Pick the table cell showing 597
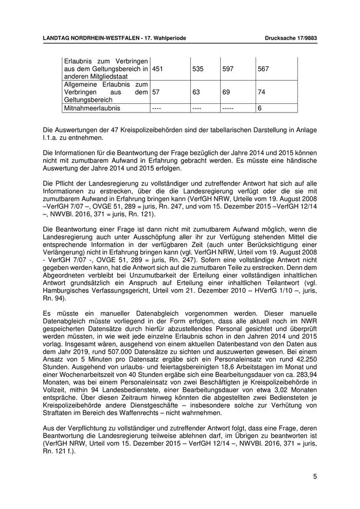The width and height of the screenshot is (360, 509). coord(228,68)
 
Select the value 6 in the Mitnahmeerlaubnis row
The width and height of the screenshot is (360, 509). coord(260,108)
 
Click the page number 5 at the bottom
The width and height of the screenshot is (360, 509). coord(315,477)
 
